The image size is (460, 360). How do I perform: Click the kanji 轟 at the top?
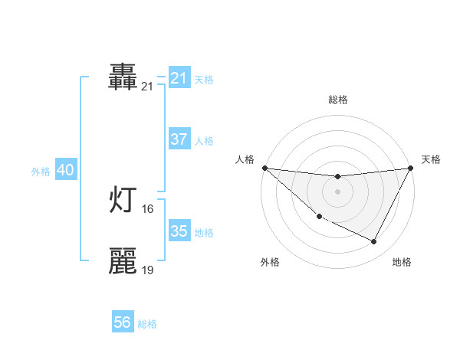pos(123,77)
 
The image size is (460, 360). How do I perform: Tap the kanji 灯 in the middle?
pos(123,200)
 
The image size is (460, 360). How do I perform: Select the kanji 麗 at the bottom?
pos(123,261)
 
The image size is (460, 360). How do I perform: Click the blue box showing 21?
pos(179,78)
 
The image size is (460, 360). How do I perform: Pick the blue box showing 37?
pos(179,139)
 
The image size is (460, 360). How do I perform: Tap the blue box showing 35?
pos(179,231)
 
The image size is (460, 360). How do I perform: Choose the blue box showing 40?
pos(65,171)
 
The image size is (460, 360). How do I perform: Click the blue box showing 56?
pos(123,322)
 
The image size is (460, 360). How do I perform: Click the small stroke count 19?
pos(148,270)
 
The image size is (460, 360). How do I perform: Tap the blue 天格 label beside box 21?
pos(204,80)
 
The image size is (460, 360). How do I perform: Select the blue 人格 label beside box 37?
pos(204,141)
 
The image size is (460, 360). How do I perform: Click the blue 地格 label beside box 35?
pos(204,233)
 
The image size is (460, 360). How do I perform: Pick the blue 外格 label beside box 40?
pos(41,172)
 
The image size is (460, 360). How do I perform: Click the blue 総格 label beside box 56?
pos(147,324)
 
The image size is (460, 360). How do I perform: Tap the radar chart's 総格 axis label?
pos(337,100)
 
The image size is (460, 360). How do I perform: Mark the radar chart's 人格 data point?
pos(264,168)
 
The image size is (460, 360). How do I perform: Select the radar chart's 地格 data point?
pos(374,242)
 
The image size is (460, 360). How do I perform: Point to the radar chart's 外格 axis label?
pos(270,263)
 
